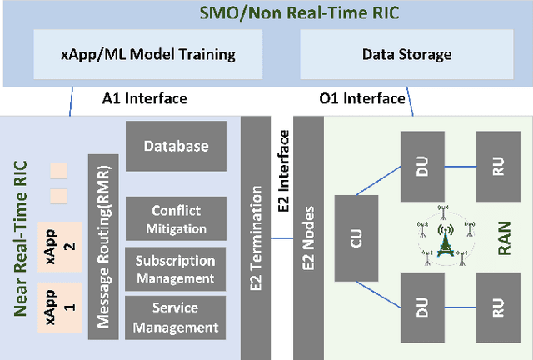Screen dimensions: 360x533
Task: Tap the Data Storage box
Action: click(406, 55)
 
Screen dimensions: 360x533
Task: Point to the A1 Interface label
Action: click(144, 99)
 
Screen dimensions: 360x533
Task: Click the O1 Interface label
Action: click(362, 99)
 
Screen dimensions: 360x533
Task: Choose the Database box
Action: click(176, 146)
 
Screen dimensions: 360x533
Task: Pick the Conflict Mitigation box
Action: click(176, 218)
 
